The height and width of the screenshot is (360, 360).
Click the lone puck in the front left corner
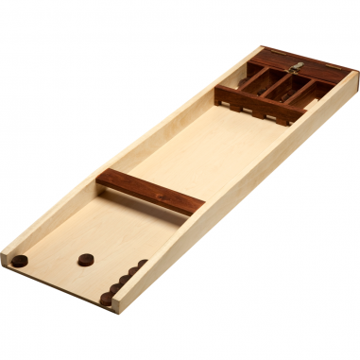pos(19,260)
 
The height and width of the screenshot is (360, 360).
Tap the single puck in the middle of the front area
pos(86,257)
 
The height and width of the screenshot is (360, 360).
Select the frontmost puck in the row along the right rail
pos(107,299)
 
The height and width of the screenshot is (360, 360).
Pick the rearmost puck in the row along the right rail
pos(142,266)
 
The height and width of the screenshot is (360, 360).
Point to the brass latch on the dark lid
pos(298,66)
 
